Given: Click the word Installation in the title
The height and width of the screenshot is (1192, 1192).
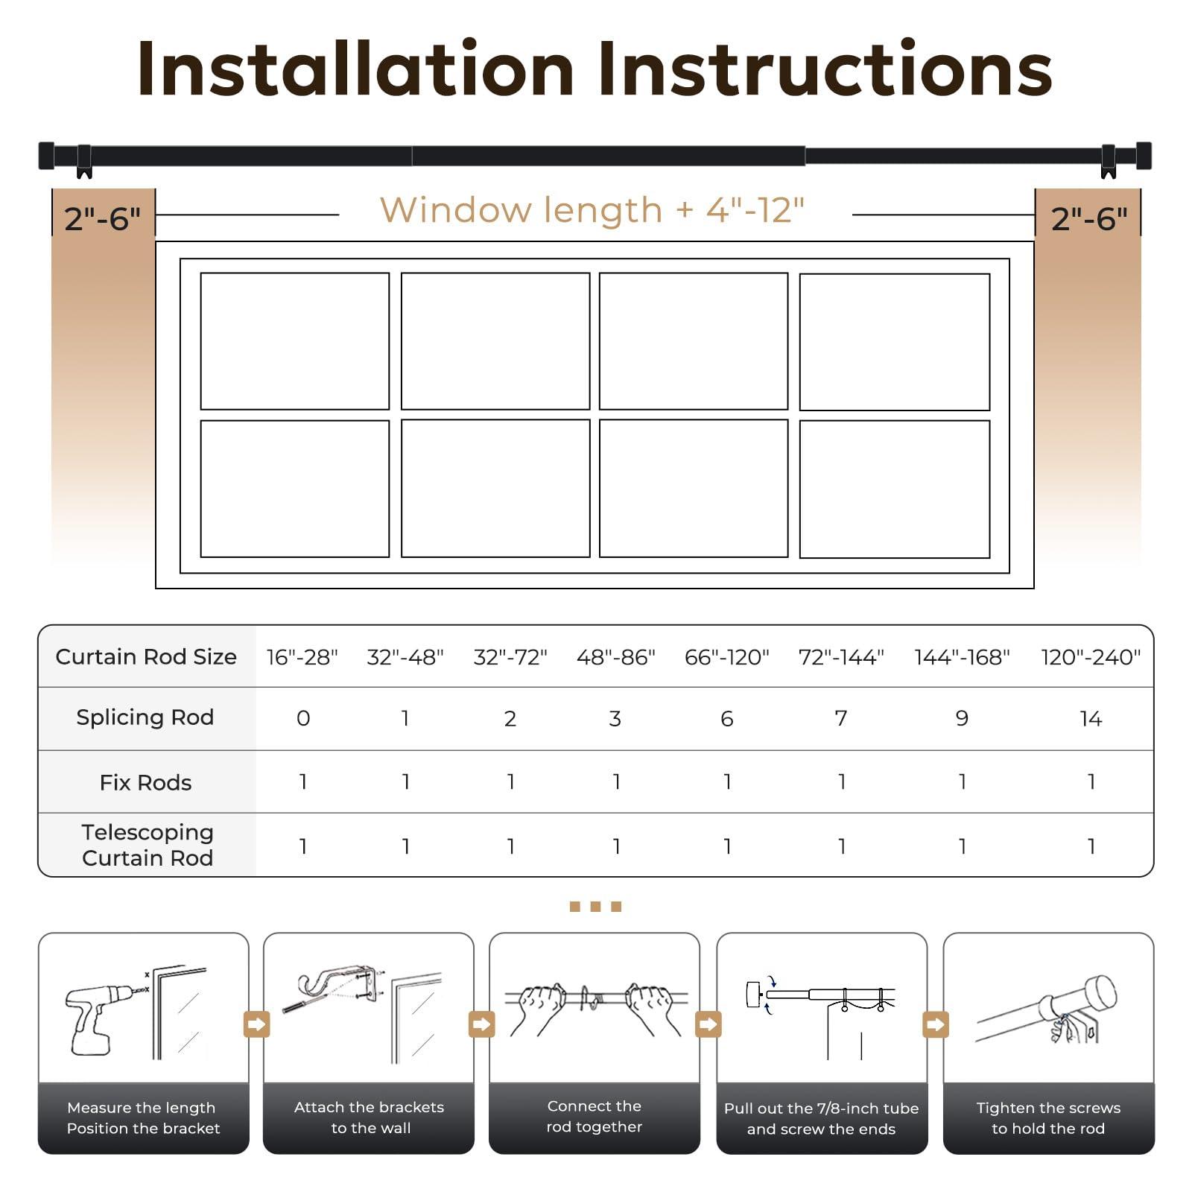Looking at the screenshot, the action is pyautogui.click(x=356, y=69).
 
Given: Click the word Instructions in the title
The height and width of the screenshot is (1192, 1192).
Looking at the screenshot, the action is pyautogui.click(x=825, y=69).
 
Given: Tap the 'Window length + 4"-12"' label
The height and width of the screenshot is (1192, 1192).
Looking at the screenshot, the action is pyautogui.click(x=592, y=210).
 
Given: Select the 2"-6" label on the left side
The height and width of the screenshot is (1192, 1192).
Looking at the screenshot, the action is pyautogui.click(x=103, y=218).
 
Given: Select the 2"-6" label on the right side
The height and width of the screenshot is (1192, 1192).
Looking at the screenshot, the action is pyautogui.click(x=1089, y=218).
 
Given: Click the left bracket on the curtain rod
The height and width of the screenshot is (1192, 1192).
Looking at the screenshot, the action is pyautogui.click(x=84, y=162).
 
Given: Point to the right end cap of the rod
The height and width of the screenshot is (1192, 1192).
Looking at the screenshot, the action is pyautogui.click(x=1144, y=156).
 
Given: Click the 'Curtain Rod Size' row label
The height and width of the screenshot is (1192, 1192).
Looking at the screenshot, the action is pyautogui.click(x=146, y=656).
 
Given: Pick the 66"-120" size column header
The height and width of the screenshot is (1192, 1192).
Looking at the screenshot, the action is pyautogui.click(x=727, y=657).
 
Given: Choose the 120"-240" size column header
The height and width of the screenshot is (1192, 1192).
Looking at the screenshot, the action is pyautogui.click(x=1091, y=657).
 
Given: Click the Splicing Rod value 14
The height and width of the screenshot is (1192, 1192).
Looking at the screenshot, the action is pyautogui.click(x=1091, y=718).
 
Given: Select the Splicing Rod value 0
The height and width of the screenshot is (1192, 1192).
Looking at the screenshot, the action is pyautogui.click(x=303, y=718).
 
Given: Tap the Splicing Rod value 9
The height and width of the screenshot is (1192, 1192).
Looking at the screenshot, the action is pyautogui.click(x=962, y=718).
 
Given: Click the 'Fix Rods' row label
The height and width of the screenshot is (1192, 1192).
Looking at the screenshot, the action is pyautogui.click(x=146, y=782).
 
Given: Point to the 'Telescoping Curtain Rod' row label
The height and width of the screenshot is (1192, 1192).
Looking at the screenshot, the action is pyautogui.click(x=148, y=845).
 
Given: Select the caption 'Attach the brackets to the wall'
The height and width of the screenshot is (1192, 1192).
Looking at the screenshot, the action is pyautogui.click(x=370, y=1117).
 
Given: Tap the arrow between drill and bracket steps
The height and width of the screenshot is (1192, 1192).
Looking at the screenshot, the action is pyautogui.click(x=256, y=1024).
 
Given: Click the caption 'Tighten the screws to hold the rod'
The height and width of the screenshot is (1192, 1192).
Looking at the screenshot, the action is pyautogui.click(x=1048, y=1118).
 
